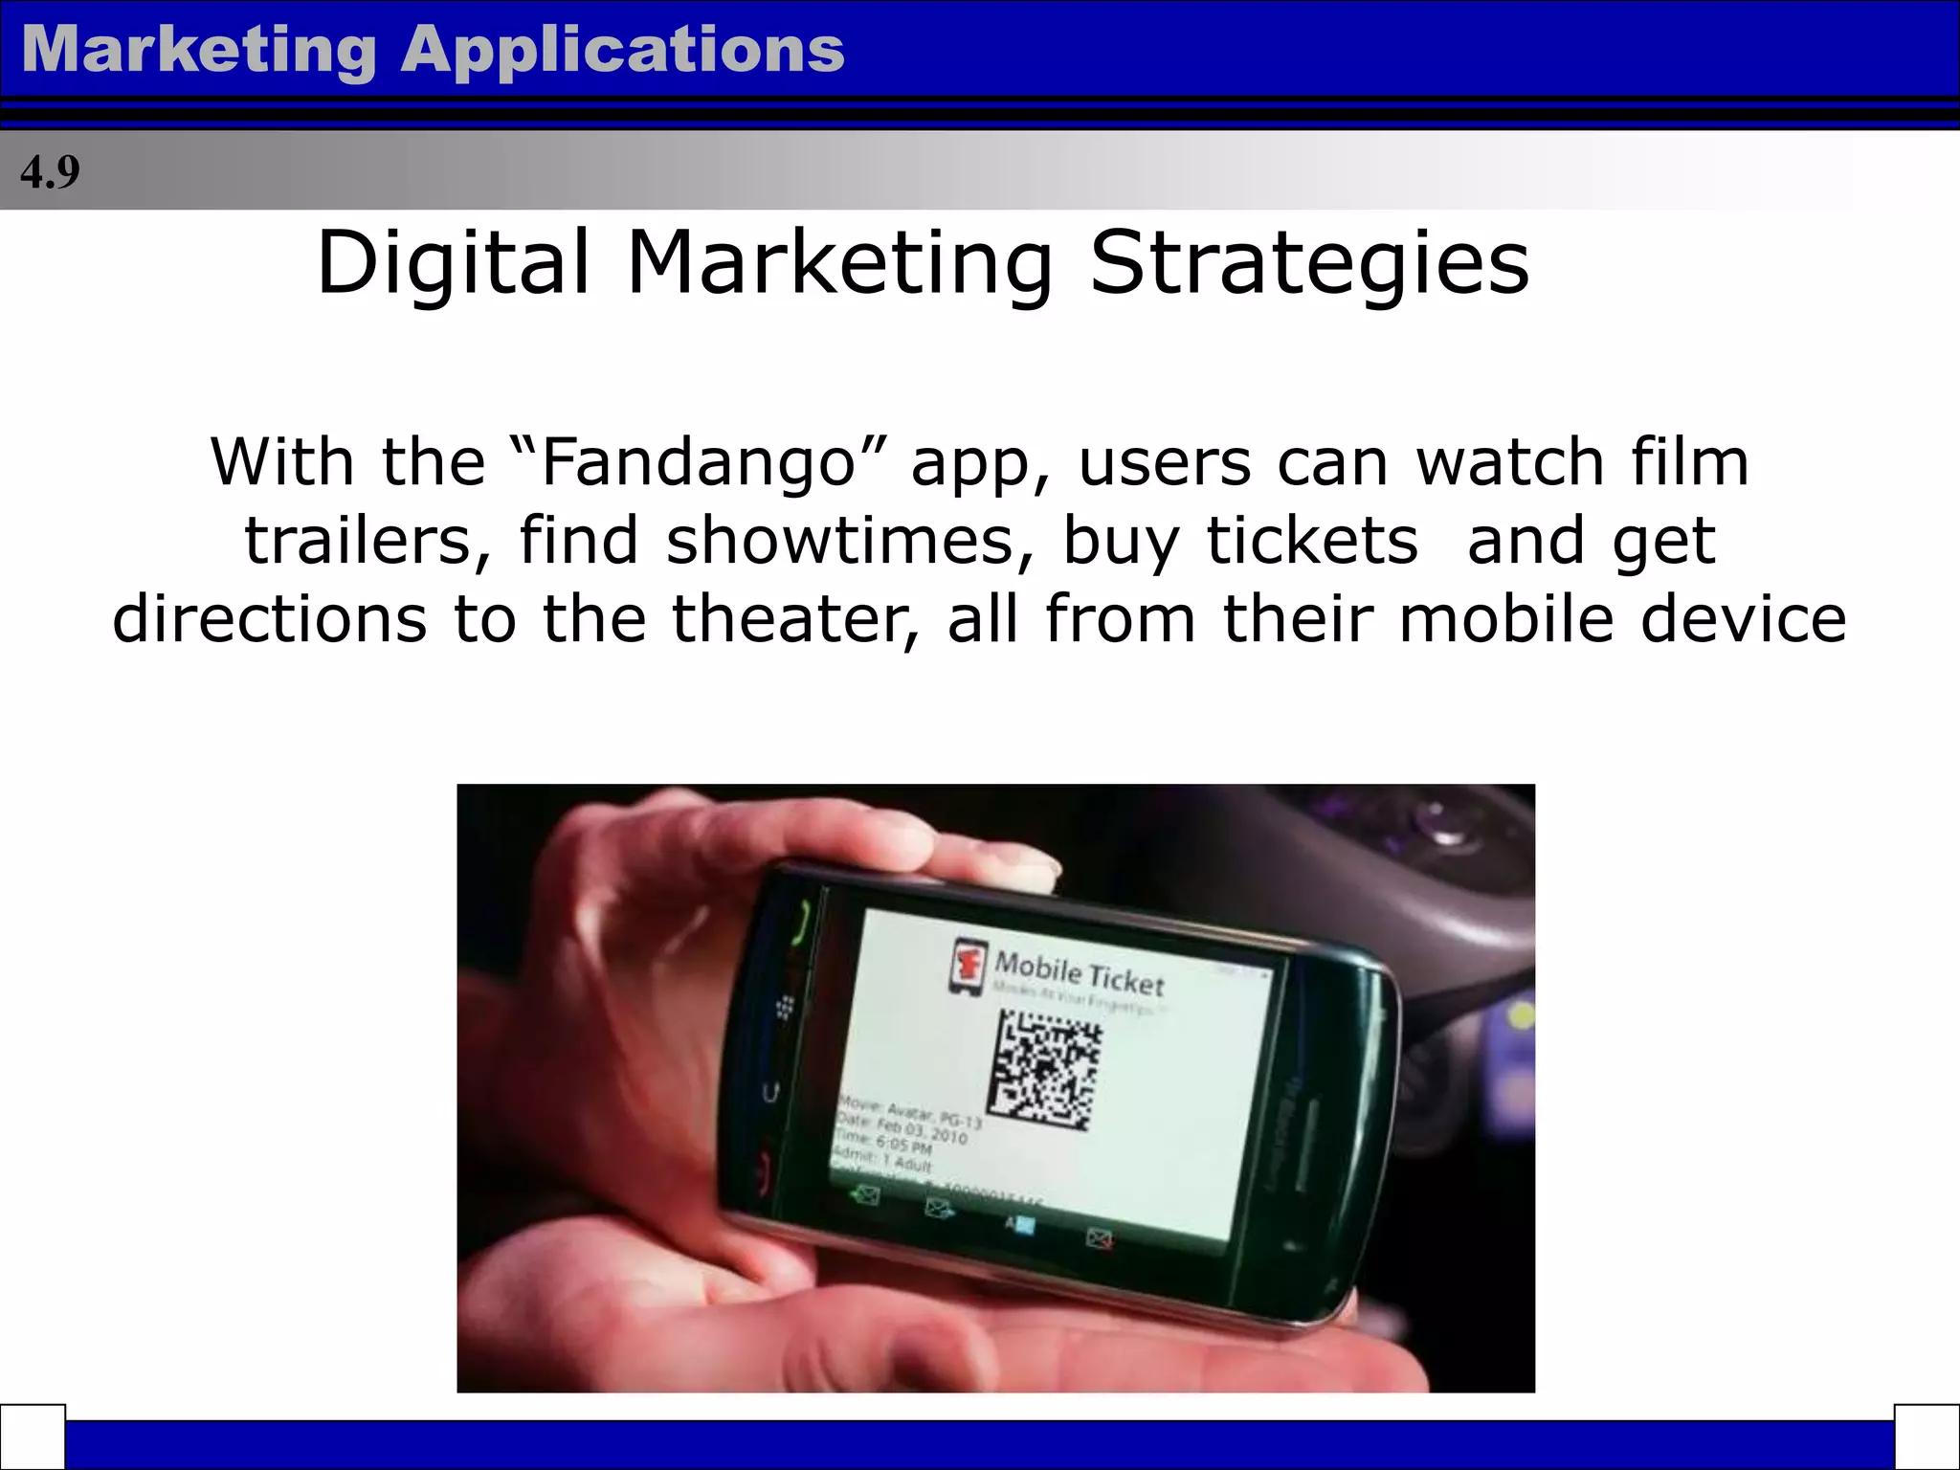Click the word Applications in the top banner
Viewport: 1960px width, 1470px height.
pyautogui.click(x=623, y=50)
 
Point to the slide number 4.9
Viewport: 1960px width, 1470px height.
pyautogui.click(x=50, y=173)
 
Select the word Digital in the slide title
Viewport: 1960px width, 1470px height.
pyautogui.click(x=454, y=262)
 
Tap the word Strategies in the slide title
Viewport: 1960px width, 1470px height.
pyautogui.click(x=1310, y=264)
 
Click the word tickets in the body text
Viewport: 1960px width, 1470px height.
pyautogui.click(x=1312, y=541)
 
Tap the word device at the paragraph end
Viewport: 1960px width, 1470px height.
pyautogui.click(x=1743, y=619)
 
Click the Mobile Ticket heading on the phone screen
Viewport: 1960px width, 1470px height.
pyautogui.click(x=1080, y=972)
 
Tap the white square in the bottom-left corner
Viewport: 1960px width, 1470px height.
pyautogui.click(x=33, y=1437)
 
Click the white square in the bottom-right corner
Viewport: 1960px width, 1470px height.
pyautogui.click(x=1927, y=1437)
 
